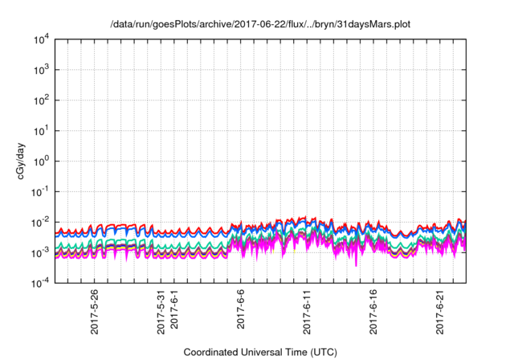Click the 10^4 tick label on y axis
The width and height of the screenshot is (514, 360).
41,39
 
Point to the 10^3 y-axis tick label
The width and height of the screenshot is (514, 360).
41,69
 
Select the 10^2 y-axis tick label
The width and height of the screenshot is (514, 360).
41,100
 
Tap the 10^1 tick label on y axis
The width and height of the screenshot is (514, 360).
41,130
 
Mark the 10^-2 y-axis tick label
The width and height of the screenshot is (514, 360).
40,222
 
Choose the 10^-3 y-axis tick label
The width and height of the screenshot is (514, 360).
40,252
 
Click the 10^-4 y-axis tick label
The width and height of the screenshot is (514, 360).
40,283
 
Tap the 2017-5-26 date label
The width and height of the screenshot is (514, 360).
94,312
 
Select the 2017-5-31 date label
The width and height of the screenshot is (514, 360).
161,312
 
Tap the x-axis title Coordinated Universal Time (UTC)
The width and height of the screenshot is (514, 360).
260,352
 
